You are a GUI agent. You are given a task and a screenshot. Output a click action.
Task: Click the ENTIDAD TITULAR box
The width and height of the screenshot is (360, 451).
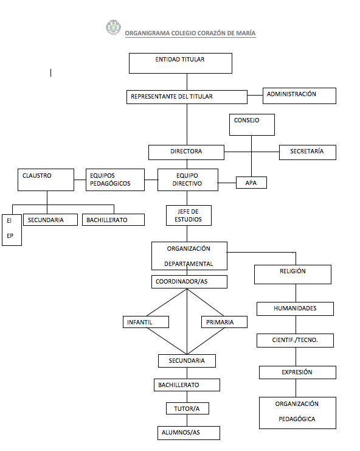point(180,63)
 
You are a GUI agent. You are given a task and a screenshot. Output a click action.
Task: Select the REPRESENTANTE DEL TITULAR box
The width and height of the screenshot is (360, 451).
point(187,97)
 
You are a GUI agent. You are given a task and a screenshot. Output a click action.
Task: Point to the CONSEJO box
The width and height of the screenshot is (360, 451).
point(252,124)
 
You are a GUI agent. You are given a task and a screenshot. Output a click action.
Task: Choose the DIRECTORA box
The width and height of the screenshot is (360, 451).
point(186,152)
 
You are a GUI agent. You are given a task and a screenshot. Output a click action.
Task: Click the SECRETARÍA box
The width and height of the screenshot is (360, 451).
point(307,152)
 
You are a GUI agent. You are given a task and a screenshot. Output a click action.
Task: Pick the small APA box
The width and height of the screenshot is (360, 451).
point(251,182)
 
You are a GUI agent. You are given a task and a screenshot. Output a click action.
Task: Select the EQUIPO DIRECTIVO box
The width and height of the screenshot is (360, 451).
point(188,180)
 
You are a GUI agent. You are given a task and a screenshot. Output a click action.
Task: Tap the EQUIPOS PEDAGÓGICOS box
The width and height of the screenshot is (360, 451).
point(115,180)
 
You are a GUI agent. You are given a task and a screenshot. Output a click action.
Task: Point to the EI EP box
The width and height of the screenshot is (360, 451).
point(12,229)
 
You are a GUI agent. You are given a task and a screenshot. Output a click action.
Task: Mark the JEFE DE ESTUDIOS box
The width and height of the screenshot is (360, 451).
point(189,215)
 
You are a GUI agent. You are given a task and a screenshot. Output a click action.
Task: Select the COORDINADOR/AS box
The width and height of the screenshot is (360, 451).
point(189,282)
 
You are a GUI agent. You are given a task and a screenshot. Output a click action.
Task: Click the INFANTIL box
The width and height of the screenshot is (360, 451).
point(145,322)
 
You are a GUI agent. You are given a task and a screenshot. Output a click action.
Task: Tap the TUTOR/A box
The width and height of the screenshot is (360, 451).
point(187,408)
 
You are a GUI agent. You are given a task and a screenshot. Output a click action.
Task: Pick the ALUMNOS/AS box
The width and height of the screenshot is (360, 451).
point(187,433)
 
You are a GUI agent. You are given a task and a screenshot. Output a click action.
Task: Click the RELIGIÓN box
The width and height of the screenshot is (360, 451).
point(292,274)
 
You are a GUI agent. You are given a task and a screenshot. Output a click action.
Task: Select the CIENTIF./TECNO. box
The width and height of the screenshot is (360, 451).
point(295,340)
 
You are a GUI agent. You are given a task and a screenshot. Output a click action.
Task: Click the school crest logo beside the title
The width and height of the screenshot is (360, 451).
point(113,27)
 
